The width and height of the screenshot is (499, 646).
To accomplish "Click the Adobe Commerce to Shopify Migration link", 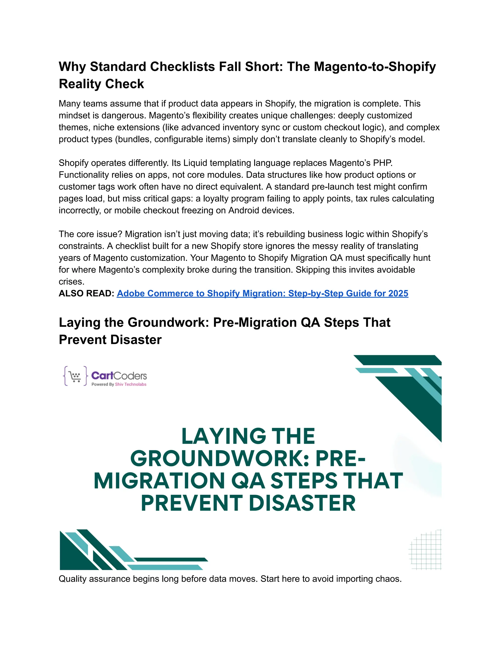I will coord(262,294).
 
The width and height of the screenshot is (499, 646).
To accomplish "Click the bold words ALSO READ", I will coord(86,294).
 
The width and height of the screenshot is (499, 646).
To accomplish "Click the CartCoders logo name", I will coord(119,376).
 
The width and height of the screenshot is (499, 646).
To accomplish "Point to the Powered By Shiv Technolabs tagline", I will coord(119,384).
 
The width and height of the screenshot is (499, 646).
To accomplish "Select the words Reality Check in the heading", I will coord(101,84).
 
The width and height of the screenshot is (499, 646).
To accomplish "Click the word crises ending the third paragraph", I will coord(71,282).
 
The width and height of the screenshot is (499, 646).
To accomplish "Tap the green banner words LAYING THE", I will coord(248,437).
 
